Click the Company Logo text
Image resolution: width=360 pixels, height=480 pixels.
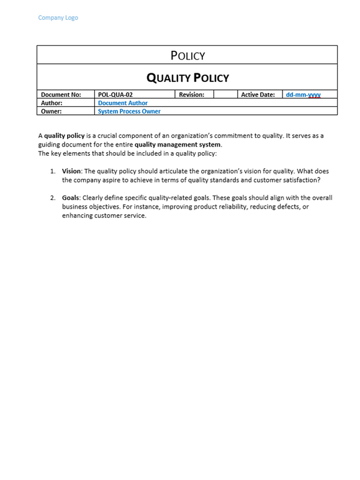tap(58, 17)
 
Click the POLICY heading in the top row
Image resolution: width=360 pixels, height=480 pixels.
tap(187, 56)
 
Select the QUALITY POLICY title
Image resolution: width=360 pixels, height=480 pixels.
tap(187, 78)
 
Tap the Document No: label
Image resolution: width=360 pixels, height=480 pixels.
tap(61, 95)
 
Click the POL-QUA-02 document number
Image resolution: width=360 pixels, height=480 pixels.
tap(115, 95)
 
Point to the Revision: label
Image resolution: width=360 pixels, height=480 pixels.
tap(192, 95)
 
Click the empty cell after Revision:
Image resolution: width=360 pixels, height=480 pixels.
tap(226, 95)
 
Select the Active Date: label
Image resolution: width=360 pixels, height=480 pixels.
tap(258, 95)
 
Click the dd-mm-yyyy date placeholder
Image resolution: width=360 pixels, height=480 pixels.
tap(303, 95)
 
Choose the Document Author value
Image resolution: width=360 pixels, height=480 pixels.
tap(123, 103)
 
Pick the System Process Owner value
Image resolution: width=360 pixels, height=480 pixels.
tap(129, 112)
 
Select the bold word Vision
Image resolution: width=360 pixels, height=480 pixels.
tap(71, 171)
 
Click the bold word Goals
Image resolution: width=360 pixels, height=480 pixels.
tap(71, 198)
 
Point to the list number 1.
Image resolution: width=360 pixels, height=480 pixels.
tap(53, 171)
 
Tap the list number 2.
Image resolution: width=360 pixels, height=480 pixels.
tap(53, 198)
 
